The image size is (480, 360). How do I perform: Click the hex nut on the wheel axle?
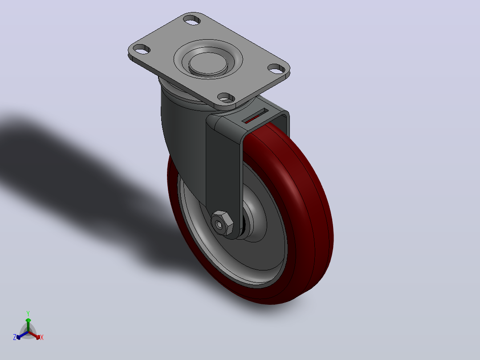pyautogui.click(x=222, y=223)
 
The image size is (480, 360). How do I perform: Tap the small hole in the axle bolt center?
pyautogui.click(x=219, y=225)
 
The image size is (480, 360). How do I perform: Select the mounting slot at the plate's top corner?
pyautogui.click(x=192, y=20)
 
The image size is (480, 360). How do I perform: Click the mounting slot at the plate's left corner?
pyautogui.click(x=142, y=49)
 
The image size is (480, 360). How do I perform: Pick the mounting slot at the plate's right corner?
pyautogui.click(x=276, y=69)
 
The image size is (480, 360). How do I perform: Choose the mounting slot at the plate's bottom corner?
pyautogui.click(x=226, y=98)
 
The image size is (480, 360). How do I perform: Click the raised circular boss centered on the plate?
pyautogui.click(x=208, y=63)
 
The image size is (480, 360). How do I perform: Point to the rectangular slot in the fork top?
pyautogui.click(x=255, y=116)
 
